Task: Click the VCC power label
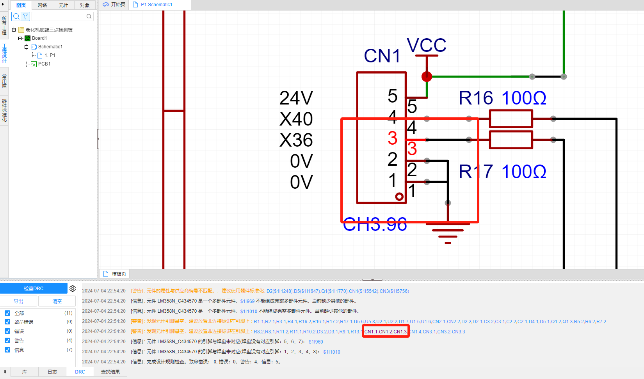coord(426,46)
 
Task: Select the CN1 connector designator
coord(382,56)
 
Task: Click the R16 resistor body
coord(511,119)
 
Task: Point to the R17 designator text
coord(476,172)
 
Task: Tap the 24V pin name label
coord(296,98)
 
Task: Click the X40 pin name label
coord(296,119)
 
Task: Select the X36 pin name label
coord(296,140)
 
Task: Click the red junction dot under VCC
coord(427,76)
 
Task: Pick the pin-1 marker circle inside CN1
coord(399,197)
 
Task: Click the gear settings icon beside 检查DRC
coord(73,289)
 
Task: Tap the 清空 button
coord(57,301)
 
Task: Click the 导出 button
coord(18,301)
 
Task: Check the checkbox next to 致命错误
coord(7,322)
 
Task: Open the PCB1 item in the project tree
coord(44,64)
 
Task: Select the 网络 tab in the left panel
coord(42,5)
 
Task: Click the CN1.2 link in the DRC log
coord(386,332)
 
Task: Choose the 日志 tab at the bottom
coord(52,372)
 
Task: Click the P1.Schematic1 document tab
coord(156,5)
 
